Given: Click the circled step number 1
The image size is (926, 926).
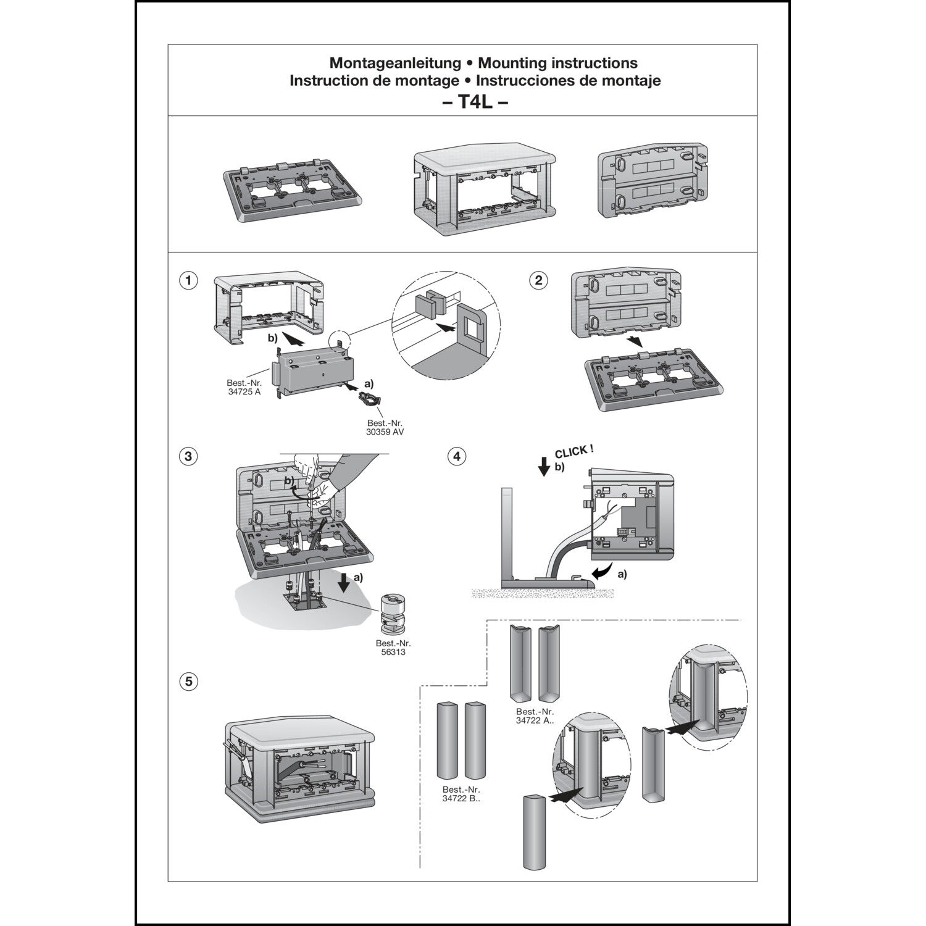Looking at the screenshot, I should pyautogui.click(x=188, y=280).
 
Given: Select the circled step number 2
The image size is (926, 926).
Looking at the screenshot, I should pyautogui.click(x=539, y=280).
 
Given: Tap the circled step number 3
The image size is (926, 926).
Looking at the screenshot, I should pyautogui.click(x=188, y=457).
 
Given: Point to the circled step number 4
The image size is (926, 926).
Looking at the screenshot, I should pyautogui.click(x=457, y=457).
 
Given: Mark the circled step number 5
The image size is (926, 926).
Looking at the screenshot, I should pyautogui.click(x=188, y=682).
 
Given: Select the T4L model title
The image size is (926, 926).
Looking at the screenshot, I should pyautogui.click(x=475, y=102).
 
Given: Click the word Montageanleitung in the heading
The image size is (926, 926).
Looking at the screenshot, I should pyautogui.click(x=395, y=62).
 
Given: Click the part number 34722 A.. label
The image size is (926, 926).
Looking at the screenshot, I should pyautogui.click(x=535, y=715).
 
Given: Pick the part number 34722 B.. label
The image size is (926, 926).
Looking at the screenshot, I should pyautogui.click(x=461, y=794).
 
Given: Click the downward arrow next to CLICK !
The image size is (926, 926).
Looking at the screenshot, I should pyautogui.click(x=544, y=467).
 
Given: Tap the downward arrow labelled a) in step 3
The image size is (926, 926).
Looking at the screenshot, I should pyautogui.click(x=344, y=581).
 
